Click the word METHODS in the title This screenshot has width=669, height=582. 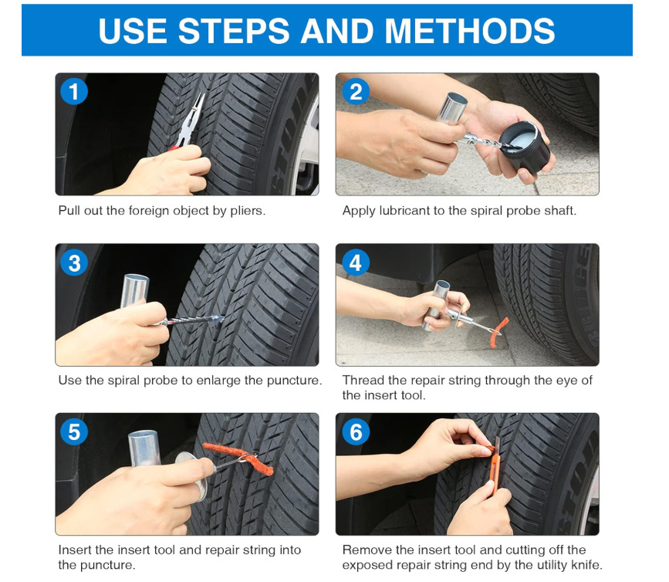coord(470,31)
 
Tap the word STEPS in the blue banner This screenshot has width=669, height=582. coord(234,31)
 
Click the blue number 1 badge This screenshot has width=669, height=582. coord(74,91)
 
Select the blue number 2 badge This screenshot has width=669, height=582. coord(355,91)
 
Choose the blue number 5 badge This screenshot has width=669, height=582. coord(74,431)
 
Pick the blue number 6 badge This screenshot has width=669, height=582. coord(355,431)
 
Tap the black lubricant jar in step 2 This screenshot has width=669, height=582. coord(525,146)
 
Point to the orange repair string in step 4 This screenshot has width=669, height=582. coord(498,333)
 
